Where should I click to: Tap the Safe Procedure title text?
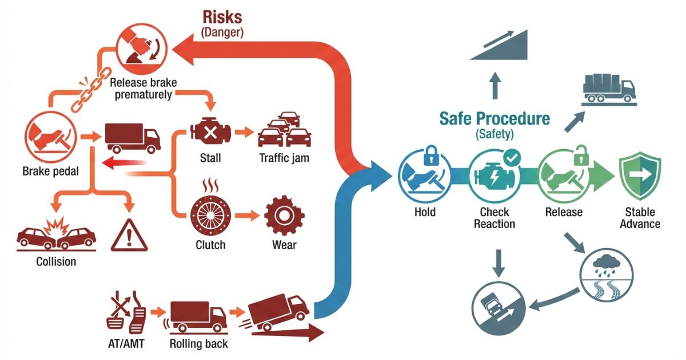pyautogui.click(x=494, y=119)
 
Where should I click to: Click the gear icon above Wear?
pyautogui.click(x=283, y=216)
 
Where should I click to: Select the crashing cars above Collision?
pyautogui.click(x=56, y=237)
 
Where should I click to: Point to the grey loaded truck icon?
pyautogui.click(x=609, y=89)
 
